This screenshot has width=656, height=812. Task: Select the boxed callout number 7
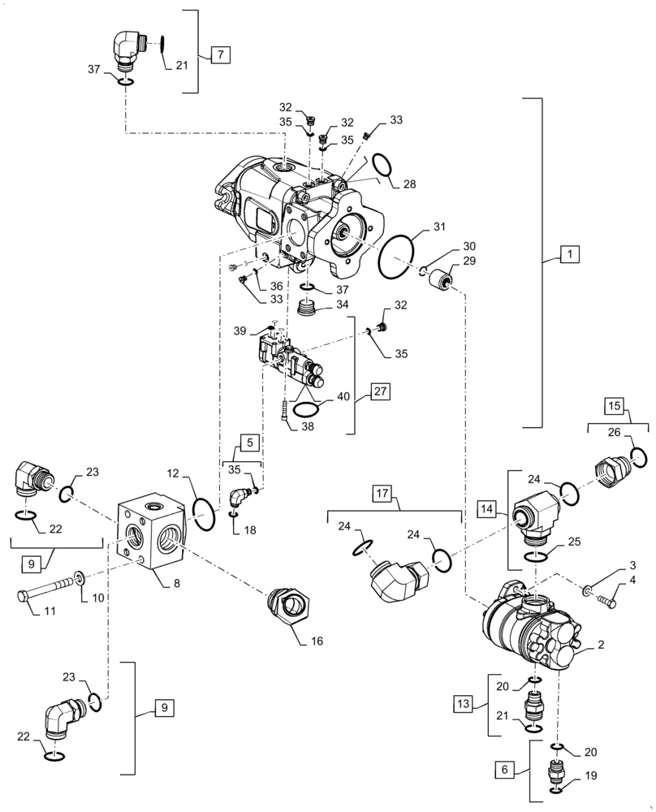pyautogui.click(x=220, y=55)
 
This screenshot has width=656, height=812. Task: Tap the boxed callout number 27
pyautogui.click(x=381, y=391)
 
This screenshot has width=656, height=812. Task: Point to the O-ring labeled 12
pyautogui.click(x=205, y=516)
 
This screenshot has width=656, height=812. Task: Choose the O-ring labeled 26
pyautogui.click(x=639, y=458)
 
